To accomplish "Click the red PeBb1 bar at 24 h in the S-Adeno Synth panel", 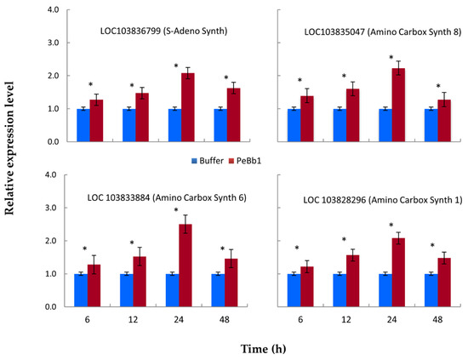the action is pos(188,107).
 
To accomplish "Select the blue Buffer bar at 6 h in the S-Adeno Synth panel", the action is pos(83,125).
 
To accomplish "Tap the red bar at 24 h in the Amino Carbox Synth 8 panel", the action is pos(398,105).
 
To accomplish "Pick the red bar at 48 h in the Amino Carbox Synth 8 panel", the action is pos(444,121).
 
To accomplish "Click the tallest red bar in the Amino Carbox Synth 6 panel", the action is pos(185,266).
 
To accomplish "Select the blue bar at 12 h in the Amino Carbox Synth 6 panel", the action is pos(127,290).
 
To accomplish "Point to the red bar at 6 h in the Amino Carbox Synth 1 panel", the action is pos(307,287).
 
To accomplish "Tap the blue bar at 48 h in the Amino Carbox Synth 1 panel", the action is pos(431,290).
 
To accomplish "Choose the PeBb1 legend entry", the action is pos(245,161).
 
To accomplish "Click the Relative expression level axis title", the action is pos(9,148).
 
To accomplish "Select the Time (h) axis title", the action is pos(263,349).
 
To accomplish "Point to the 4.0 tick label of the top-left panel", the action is pos(53,10).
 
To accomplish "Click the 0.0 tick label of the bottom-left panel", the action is pos(51,307).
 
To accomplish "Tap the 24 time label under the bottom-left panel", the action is pos(179,320).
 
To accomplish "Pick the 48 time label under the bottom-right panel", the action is pos(437,320).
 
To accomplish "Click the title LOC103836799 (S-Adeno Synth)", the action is pos(163,31).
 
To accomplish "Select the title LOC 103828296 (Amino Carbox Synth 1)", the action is pos(383,200).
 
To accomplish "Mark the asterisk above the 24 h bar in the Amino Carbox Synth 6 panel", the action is pos(176,210).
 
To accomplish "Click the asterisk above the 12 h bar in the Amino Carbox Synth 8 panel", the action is pos(344,76).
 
